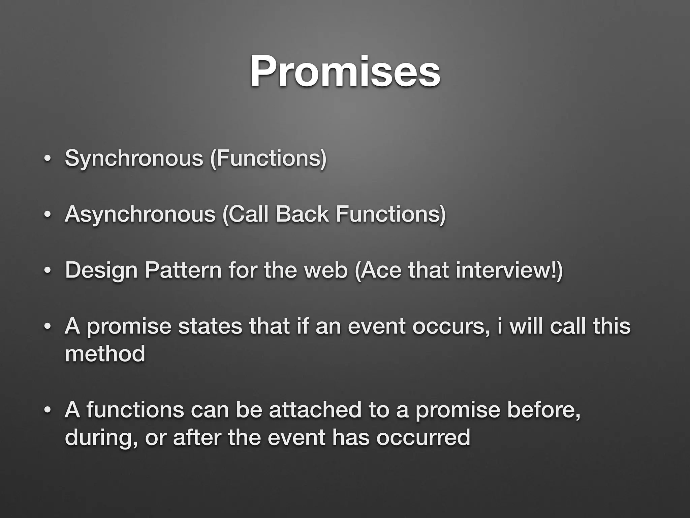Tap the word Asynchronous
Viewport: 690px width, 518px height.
click(140, 214)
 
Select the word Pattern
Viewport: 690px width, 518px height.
click(183, 270)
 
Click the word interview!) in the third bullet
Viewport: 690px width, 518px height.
click(509, 270)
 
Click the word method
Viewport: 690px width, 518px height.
click(105, 354)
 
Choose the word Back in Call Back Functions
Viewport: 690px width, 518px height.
click(302, 214)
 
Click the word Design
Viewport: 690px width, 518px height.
click(101, 271)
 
